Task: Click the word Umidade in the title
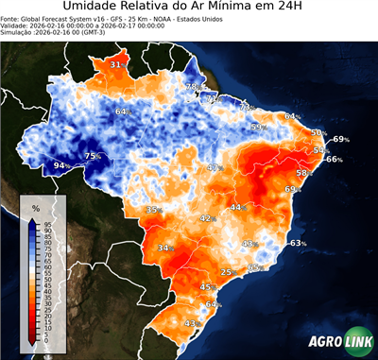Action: point(95,8)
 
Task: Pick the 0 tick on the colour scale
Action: point(48,342)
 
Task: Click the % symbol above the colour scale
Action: point(35,207)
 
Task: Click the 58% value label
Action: point(304,174)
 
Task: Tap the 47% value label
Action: point(215,168)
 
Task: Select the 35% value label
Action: point(153,209)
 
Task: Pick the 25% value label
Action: point(227,272)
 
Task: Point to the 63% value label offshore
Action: point(298,244)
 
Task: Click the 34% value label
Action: point(165,249)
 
